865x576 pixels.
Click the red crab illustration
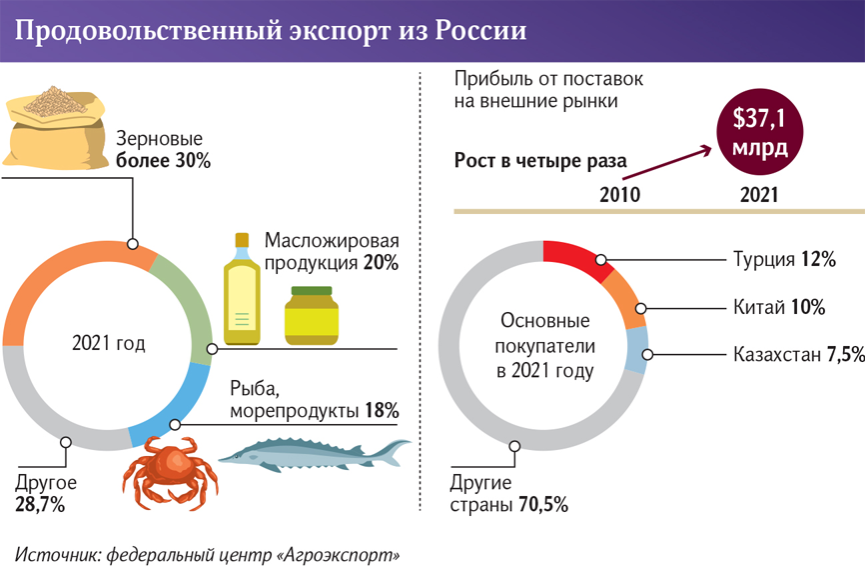(x=170, y=472)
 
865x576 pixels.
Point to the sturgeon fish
(x=315, y=455)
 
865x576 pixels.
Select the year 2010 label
(x=619, y=195)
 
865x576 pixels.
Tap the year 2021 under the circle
(x=759, y=195)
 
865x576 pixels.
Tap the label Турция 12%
(x=784, y=260)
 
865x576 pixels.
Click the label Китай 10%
(x=779, y=308)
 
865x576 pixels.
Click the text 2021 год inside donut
(x=109, y=344)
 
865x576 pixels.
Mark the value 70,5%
(x=543, y=504)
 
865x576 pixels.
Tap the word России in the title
(x=480, y=31)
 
